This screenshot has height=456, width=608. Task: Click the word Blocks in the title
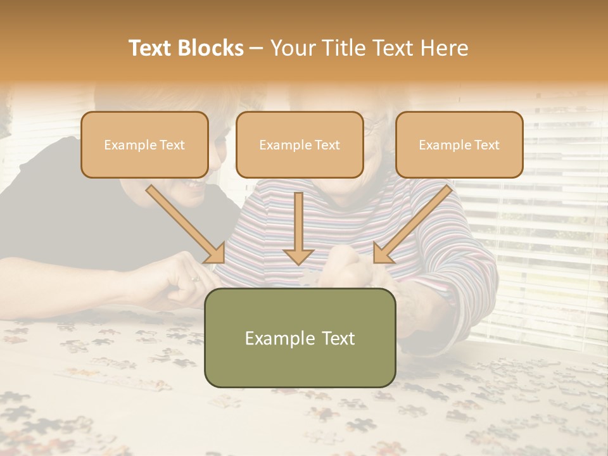click(x=212, y=48)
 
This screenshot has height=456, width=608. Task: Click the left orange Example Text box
click(x=144, y=144)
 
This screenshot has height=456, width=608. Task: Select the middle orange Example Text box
click(x=300, y=144)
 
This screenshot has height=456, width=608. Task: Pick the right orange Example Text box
click(x=459, y=144)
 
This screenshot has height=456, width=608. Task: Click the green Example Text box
click(x=300, y=338)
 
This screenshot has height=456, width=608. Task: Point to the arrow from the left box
click(x=184, y=222)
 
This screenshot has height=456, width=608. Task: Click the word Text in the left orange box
click(x=172, y=145)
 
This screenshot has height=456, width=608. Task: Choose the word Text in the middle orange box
click(x=327, y=145)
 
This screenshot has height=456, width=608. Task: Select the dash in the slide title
click(x=256, y=48)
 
